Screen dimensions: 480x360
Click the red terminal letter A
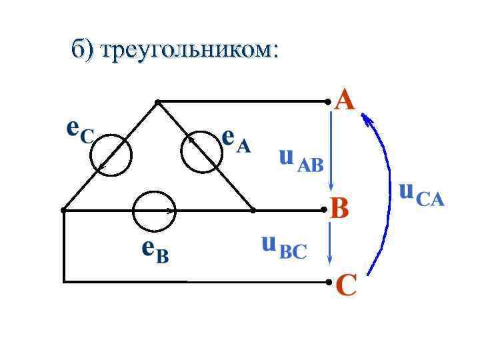point(345,101)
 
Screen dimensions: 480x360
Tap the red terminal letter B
point(340,210)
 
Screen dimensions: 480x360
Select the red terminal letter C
point(347,287)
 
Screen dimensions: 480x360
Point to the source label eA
point(236,141)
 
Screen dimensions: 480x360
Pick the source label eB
point(155,251)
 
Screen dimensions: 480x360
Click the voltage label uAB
point(301,159)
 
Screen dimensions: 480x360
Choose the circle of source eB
point(154,212)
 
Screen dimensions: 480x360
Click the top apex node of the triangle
point(157,102)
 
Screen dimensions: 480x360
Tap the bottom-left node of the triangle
point(63,210)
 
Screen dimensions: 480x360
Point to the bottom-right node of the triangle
point(253,210)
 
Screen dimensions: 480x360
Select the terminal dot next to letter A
point(328,102)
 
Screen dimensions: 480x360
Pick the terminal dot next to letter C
point(328,282)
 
